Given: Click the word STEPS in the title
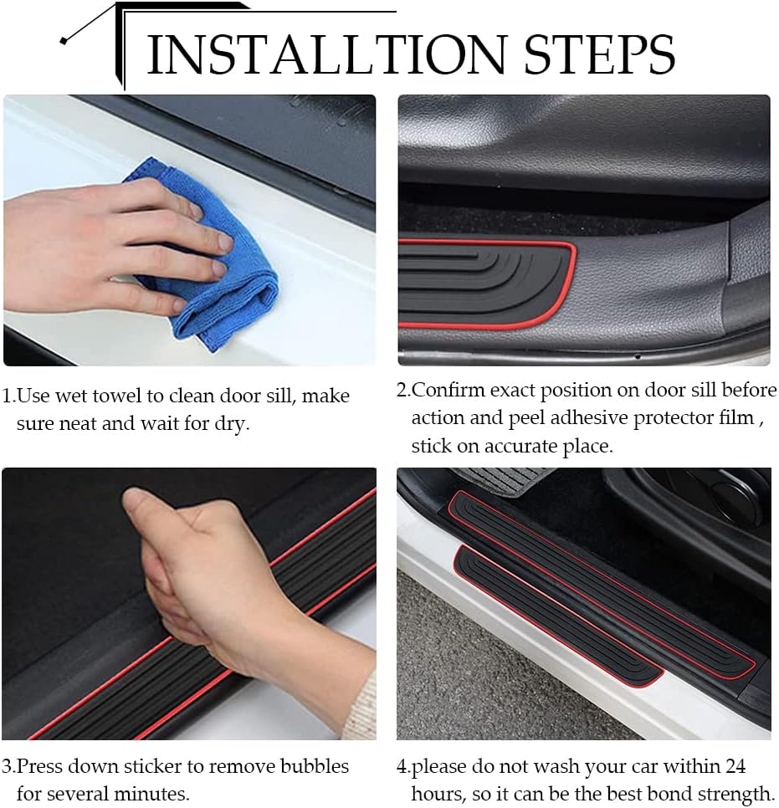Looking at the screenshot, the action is (x=600, y=54).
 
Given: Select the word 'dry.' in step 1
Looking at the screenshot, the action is (x=232, y=424).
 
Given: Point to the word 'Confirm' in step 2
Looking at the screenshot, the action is (x=448, y=390).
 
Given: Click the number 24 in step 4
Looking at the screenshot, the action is (x=735, y=766).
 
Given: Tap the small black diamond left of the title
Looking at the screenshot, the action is (x=64, y=41).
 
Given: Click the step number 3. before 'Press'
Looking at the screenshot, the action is (x=8, y=766).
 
